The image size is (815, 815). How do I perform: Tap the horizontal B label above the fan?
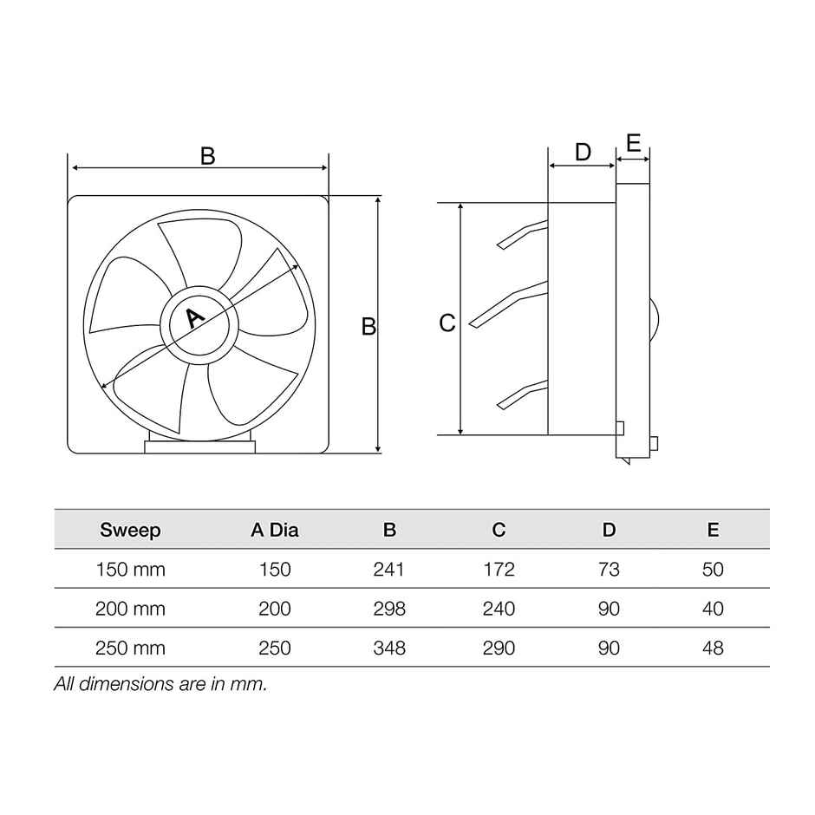(x=207, y=156)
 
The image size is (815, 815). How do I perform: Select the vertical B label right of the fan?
(x=368, y=327)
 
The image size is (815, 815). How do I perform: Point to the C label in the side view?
(x=447, y=323)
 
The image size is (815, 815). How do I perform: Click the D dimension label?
(x=583, y=153)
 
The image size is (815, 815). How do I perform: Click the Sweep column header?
(x=130, y=530)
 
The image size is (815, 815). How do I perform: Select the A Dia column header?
(x=275, y=530)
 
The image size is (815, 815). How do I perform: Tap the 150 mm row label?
(x=130, y=570)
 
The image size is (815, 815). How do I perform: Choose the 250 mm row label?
(x=130, y=648)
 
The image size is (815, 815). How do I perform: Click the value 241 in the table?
(x=389, y=570)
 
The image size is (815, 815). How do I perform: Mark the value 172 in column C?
(x=499, y=570)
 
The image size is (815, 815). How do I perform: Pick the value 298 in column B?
(x=389, y=609)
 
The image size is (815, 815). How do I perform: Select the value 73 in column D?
(x=610, y=570)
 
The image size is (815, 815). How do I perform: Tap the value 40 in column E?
(x=713, y=609)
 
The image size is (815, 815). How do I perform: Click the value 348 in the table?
(x=389, y=648)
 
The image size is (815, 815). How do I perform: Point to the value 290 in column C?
(x=499, y=648)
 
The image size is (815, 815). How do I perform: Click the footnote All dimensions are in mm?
(x=160, y=683)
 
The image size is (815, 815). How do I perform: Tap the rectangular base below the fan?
(x=200, y=447)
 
